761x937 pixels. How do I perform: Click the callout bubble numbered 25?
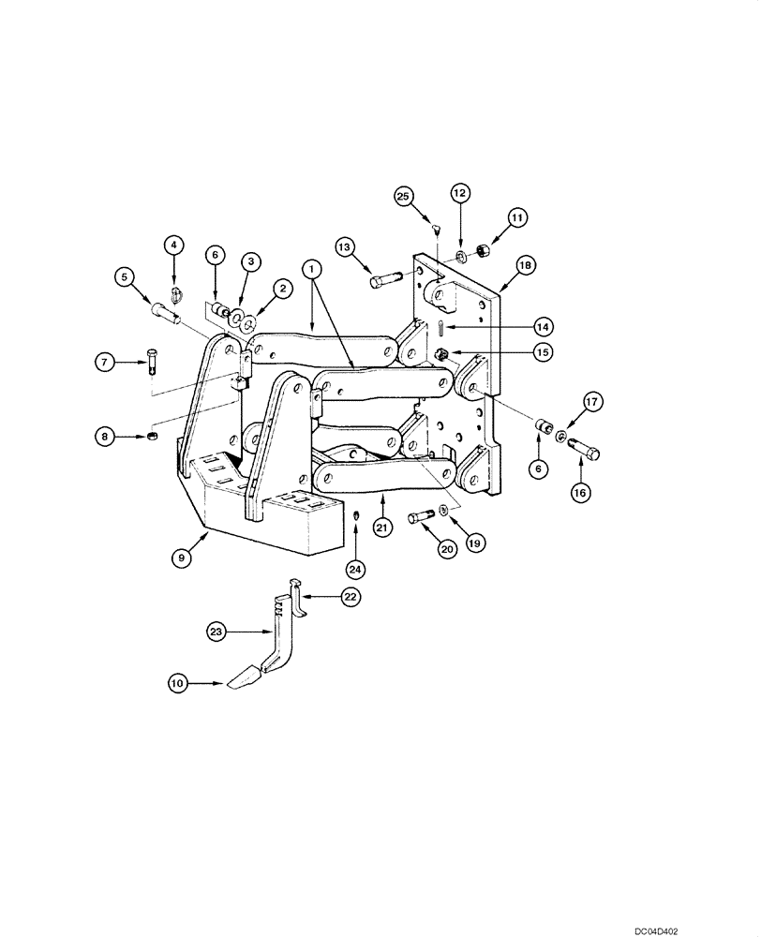pos(403,197)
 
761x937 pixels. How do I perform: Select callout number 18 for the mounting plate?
pos(525,267)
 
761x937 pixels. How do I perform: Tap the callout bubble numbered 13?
pos(345,247)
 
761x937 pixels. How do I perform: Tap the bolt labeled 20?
pos(422,516)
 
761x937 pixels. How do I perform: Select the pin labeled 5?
pos(167,305)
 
